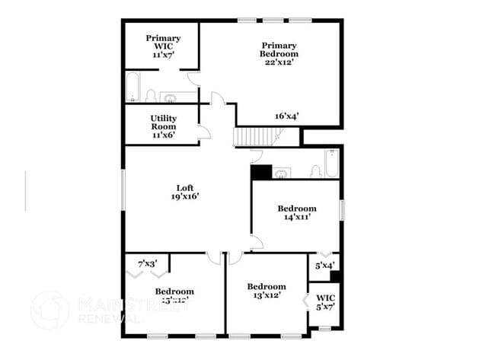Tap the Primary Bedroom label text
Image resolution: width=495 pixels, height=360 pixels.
pos(279,49)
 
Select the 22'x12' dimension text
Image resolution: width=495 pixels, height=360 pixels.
pos(279,62)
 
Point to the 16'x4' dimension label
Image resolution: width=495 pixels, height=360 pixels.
pos(286,116)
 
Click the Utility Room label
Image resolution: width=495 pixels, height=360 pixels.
pos(163,123)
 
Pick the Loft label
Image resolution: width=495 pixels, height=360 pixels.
pos(185,188)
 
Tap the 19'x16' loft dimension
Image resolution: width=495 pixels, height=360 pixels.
pos(185,197)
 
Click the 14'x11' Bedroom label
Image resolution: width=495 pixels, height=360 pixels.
pos(296,212)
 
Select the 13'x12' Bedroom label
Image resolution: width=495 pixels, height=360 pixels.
pos(266,292)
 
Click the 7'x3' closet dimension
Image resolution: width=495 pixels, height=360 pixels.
pos(147,263)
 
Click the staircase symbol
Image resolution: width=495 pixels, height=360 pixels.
pos(256,137)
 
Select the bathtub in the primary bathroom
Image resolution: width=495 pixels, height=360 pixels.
pos(133,88)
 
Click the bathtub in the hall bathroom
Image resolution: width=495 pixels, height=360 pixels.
pos(332,164)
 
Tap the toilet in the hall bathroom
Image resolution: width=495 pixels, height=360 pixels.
pos(315,170)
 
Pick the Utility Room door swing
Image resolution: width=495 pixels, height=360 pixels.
pos(204,132)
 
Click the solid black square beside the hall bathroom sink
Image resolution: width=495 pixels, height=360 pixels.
pos(261,173)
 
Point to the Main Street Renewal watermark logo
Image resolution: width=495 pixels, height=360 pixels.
pos(49,311)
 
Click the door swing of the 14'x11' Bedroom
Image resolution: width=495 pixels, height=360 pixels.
pos(257,241)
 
